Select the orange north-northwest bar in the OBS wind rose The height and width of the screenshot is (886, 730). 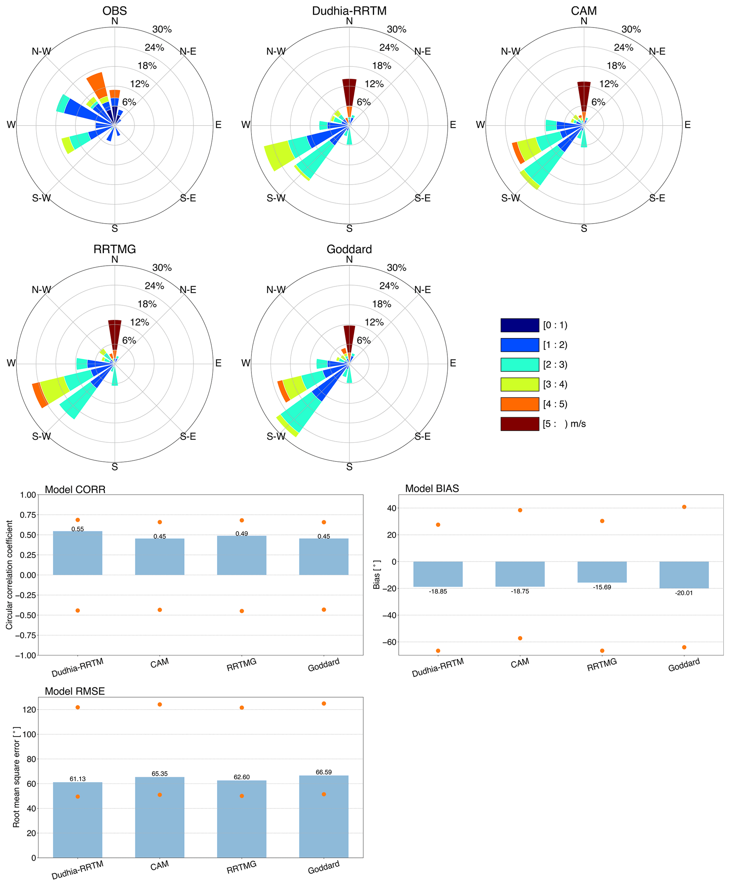96,84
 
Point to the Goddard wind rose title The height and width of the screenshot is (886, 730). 349,249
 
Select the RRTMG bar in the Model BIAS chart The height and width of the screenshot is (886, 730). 602,572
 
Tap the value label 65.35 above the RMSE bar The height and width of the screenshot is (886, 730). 160,774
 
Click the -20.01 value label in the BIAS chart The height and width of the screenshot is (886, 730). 684,593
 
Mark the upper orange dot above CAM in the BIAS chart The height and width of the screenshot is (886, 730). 520,510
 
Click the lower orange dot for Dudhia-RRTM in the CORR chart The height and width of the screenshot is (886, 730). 78,610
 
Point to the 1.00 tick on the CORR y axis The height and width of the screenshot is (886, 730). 28,495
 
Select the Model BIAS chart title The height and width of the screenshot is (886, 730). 432,489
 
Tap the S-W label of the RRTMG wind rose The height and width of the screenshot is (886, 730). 41,437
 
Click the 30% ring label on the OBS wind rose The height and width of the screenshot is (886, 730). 162,29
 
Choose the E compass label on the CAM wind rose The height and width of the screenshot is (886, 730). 687,124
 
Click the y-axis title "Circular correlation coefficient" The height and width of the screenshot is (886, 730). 10,575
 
